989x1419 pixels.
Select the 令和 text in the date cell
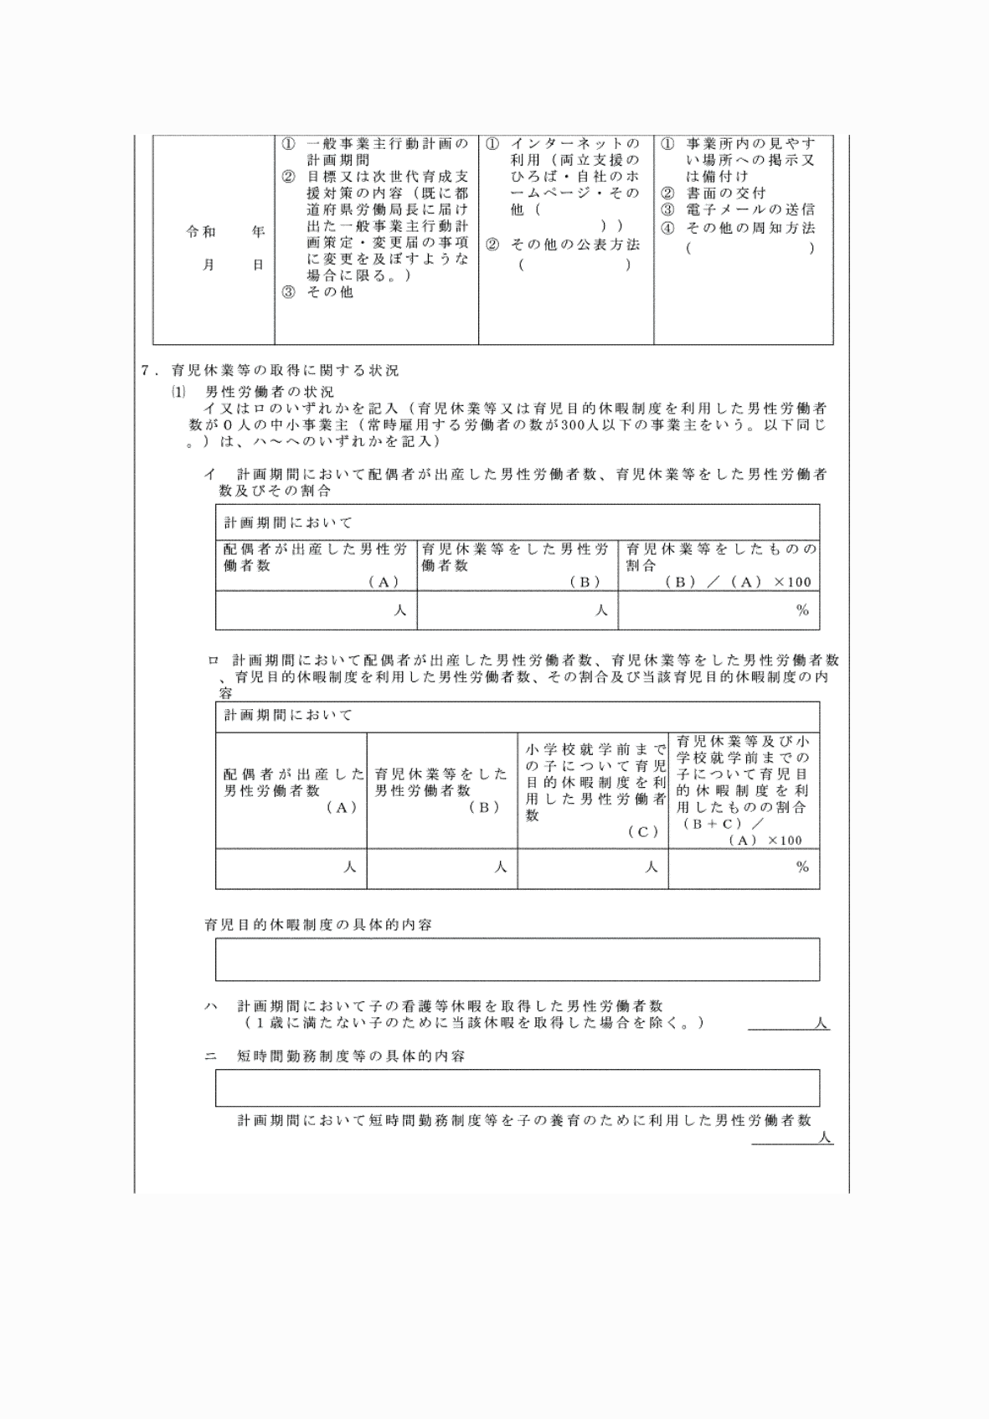(x=201, y=232)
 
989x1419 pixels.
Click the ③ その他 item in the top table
(x=318, y=292)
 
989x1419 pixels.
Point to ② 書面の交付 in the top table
(x=713, y=193)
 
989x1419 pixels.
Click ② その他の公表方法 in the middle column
(x=564, y=244)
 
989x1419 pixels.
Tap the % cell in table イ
(x=719, y=610)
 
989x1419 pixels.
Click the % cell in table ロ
(x=744, y=867)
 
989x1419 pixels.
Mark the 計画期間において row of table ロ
(x=517, y=716)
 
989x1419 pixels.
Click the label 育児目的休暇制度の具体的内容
(x=318, y=925)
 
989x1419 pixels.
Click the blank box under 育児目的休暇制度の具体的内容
(x=517, y=959)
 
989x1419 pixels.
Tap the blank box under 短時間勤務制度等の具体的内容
(x=517, y=1087)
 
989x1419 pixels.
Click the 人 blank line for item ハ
(x=788, y=1023)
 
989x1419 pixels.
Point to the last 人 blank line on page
(x=791, y=1138)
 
